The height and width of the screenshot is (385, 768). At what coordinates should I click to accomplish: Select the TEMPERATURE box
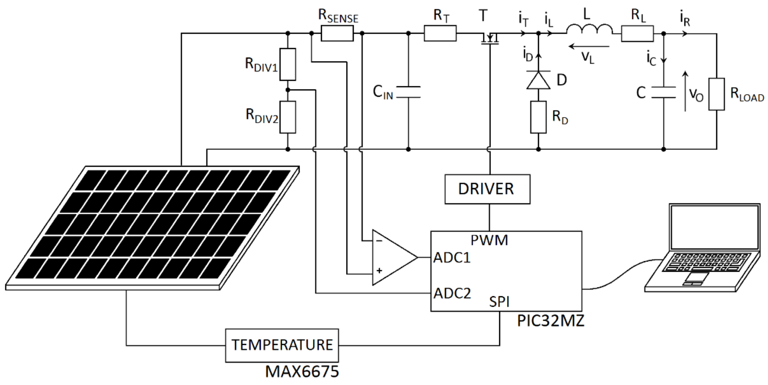pos(282,345)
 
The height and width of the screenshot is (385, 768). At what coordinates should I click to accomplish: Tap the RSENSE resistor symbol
pos(337,33)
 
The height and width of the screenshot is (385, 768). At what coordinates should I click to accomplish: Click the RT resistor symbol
pos(440,33)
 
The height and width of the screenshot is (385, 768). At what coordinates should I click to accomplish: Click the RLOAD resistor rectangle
pos(716,94)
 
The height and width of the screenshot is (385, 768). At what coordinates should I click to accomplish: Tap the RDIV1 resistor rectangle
pos(287,64)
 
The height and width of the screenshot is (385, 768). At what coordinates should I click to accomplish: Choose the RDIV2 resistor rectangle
pos(287,117)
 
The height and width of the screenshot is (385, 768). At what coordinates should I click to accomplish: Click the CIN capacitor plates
pos(408,92)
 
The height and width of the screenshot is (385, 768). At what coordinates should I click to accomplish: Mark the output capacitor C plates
pos(663,92)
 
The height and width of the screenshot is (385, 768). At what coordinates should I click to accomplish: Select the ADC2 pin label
pos(452,293)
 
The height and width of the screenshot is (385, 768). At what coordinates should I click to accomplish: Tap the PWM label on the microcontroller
pos(489,240)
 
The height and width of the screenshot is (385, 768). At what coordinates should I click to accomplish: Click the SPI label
pos(499,302)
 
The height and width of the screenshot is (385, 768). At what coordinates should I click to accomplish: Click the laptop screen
pos(714,227)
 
